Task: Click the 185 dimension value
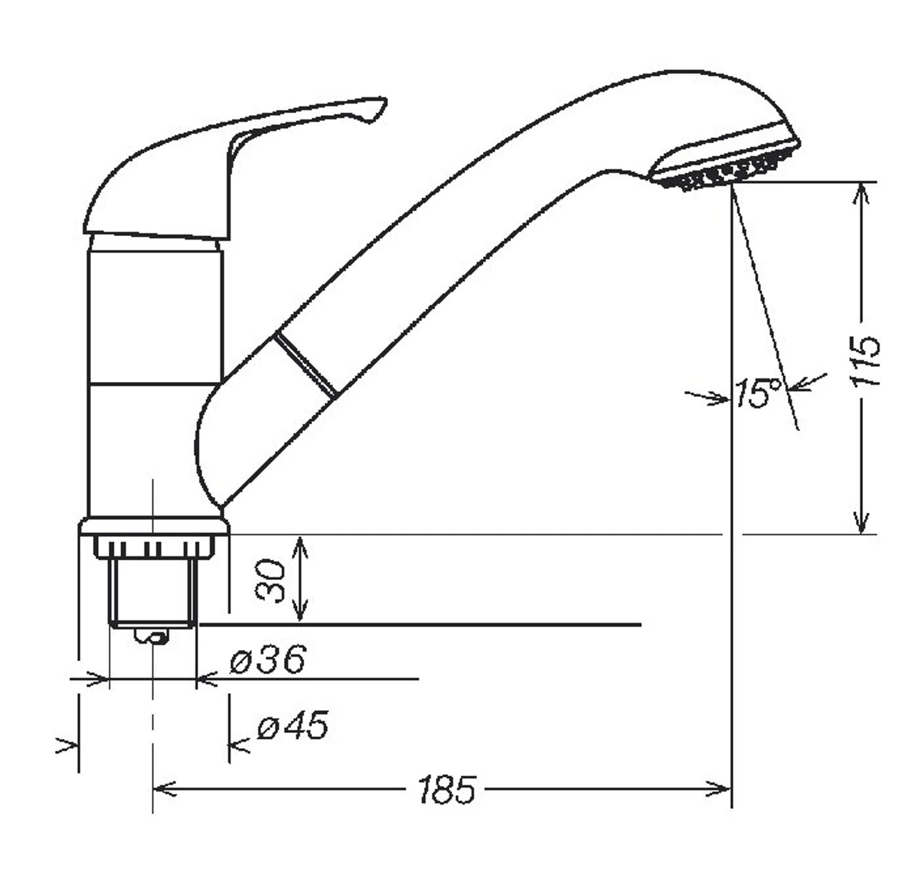(447, 790)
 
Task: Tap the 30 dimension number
(272, 580)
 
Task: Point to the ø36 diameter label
(268, 659)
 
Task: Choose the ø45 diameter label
(293, 727)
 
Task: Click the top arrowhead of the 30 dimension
(301, 544)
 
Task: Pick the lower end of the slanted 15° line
(796, 427)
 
